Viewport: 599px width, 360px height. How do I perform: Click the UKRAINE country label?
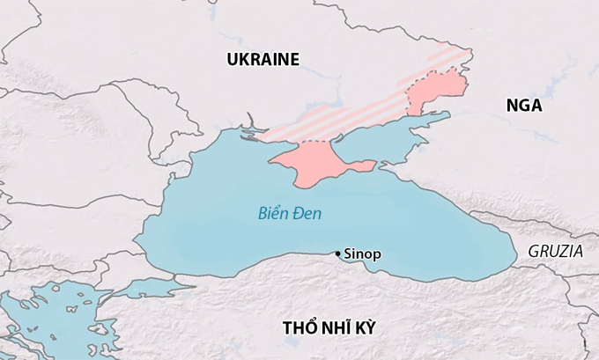(263, 60)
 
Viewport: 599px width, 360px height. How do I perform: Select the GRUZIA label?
(555, 251)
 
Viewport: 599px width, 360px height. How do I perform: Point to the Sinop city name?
(361, 254)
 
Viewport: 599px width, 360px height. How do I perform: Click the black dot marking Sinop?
(337, 254)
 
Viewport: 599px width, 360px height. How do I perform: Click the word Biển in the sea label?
(274, 213)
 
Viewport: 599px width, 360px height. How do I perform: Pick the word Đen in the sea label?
(308, 213)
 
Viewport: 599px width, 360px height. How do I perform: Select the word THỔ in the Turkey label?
(299, 327)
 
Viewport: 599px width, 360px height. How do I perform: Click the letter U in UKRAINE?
(232, 60)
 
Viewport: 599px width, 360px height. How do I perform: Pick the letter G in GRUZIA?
(534, 251)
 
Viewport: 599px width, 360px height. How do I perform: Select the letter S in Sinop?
(345, 254)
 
